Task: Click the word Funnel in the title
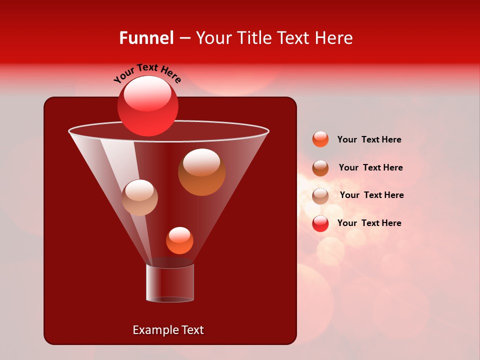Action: (146, 38)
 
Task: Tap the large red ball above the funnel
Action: (148, 106)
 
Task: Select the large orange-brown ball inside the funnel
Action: (201, 172)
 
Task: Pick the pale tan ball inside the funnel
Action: (140, 197)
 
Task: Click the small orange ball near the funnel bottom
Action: (179, 240)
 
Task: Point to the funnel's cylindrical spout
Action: (170, 283)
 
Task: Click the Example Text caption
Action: (168, 330)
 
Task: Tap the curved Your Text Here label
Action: (147, 73)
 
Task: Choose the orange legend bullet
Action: (320, 139)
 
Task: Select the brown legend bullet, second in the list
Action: (320, 168)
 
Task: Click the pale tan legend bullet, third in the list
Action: (320, 195)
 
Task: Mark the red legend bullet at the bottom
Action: (320, 223)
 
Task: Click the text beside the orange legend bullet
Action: (369, 139)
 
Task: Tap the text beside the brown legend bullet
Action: (370, 167)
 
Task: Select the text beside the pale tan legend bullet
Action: (371, 195)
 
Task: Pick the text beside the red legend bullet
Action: (369, 223)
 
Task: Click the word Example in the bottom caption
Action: (154, 330)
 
